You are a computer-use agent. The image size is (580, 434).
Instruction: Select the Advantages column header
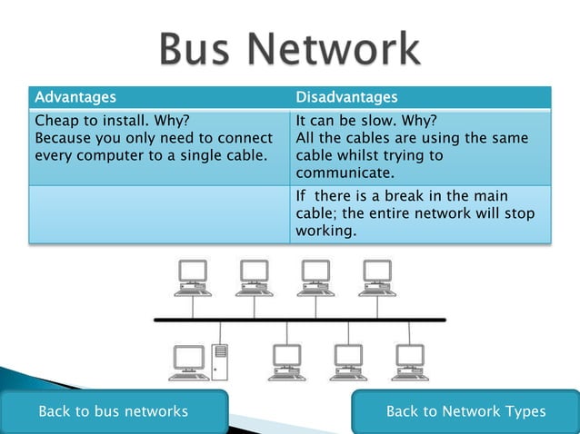(x=75, y=96)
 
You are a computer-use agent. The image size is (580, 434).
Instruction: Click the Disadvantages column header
(x=346, y=96)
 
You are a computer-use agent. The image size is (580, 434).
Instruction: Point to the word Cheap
(x=56, y=121)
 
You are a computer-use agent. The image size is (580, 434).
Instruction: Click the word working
(x=325, y=232)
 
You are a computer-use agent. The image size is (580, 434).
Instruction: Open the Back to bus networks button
(x=113, y=411)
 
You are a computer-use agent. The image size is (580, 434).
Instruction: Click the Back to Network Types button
(x=465, y=411)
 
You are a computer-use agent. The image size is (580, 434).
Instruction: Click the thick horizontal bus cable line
(x=300, y=320)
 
